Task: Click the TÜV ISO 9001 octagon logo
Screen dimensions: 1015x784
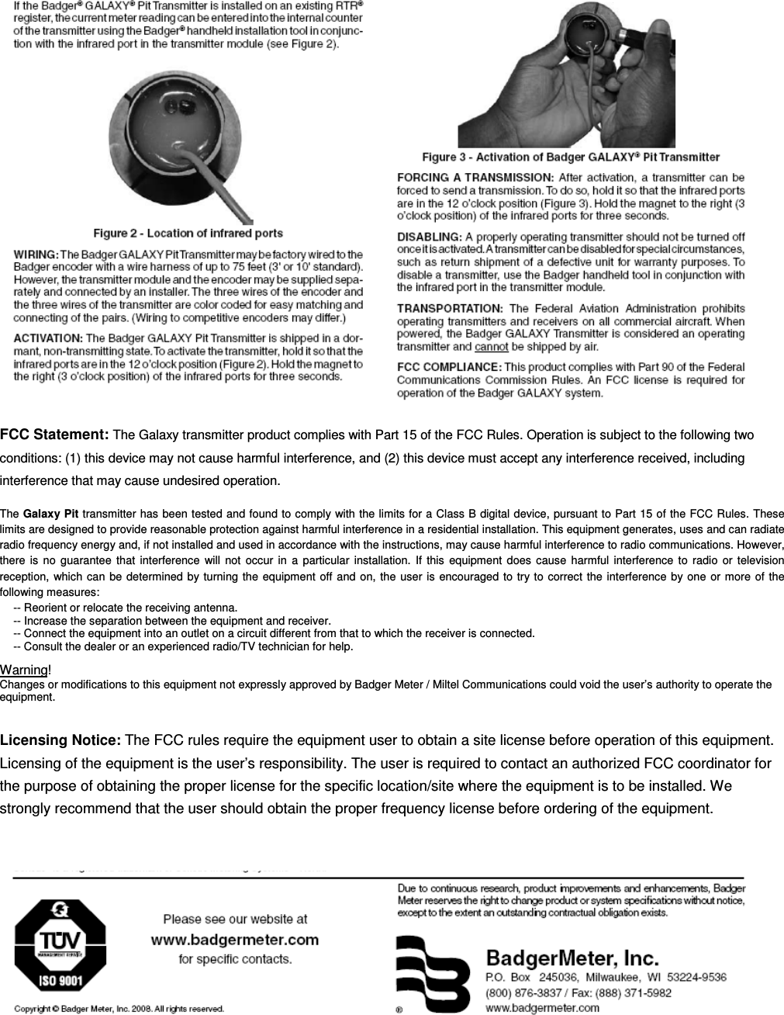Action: [x=60, y=947]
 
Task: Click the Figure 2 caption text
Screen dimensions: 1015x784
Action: [x=188, y=233]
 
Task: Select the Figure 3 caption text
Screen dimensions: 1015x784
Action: [x=570, y=158]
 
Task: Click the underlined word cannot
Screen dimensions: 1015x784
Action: [x=492, y=347]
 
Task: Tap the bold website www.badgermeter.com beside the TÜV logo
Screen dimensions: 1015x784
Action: [x=234, y=940]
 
